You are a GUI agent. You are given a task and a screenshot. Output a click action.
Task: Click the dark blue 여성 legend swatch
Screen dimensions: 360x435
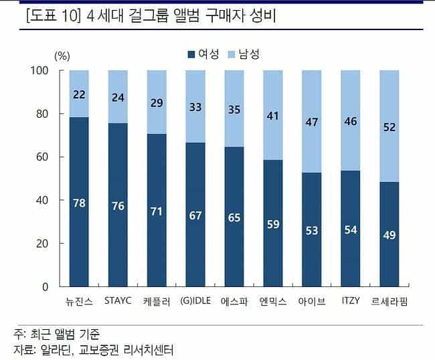coord(192,55)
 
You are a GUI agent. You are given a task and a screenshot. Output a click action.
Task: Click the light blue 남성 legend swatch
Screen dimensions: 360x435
coord(232,55)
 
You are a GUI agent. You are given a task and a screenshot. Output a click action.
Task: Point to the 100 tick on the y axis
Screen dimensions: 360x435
coord(42,70)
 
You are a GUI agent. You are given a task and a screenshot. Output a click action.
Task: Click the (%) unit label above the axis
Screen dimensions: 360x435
coord(62,56)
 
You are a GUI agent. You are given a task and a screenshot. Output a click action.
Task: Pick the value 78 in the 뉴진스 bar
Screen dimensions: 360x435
coord(79,203)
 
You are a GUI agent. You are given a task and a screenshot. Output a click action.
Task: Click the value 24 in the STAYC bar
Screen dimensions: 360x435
coord(118,97)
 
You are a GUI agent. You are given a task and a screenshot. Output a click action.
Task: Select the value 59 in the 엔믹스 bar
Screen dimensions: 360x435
coord(273,224)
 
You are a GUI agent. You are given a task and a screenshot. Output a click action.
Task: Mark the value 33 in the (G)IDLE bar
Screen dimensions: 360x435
coord(195,107)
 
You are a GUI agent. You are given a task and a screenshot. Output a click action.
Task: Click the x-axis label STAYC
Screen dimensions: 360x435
coord(118,300)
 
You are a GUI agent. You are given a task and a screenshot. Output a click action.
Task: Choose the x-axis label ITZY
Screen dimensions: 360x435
coord(351,300)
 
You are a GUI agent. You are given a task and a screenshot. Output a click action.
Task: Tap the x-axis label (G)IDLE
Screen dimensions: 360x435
coord(195,300)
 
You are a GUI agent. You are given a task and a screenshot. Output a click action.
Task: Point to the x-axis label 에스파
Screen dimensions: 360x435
coord(234,301)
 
